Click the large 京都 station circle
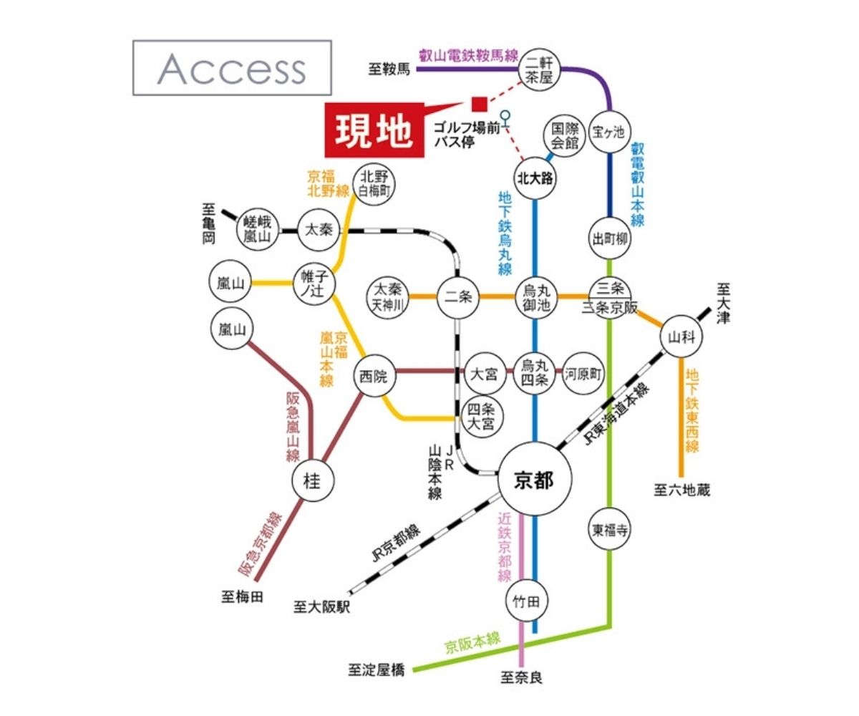pos(535,481)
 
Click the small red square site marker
pos(479,105)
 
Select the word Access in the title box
pos(231,69)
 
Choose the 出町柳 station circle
pos(609,239)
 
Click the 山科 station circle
pos(681,337)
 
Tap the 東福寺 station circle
pos(610,530)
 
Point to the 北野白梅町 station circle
pos(374,184)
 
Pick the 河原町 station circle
pos(583,374)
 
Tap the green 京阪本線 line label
pos(473,643)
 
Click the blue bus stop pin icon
pos(506,115)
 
